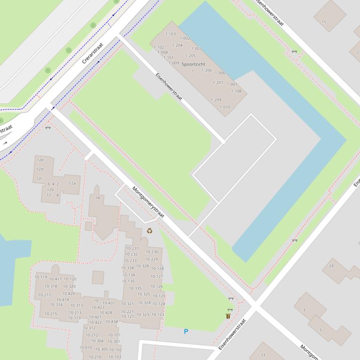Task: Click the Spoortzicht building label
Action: pyautogui.click(x=193, y=64)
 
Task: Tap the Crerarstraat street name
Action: pyautogui.click(x=92, y=53)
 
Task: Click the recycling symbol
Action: pyautogui.click(x=149, y=230)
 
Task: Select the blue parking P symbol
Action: pyautogui.click(x=186, y=331)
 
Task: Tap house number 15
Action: pyautogui.click(x=324, y=22)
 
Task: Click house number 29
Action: pyautogui.click(x=331, y=266)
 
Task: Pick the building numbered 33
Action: pyautogui.click(x=263, y=355)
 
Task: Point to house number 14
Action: pyautogui.click(x=97, y=198)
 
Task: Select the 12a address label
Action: pyautogui.click(x=72, y=183)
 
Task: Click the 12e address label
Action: pyautogui.click(x=40, y=160)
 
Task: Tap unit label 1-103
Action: pyautogui.click(x=170, y=34)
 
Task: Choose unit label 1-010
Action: pyautogui.click(x=225, y=107)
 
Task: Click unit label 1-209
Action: pyautogui.click(x=216, y=100)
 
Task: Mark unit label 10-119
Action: pyautogui.click(x=41, y=277)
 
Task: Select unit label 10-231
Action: pyautogui.click(x=132, y=249)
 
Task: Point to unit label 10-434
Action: pyautogui.click(x=111, y=322)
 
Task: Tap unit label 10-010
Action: pyautogui.click(x=86, y=348)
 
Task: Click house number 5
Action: pyautogui.click(x=321, y=330)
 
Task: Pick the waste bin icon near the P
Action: pyautogui.click(x=228, y=316)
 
